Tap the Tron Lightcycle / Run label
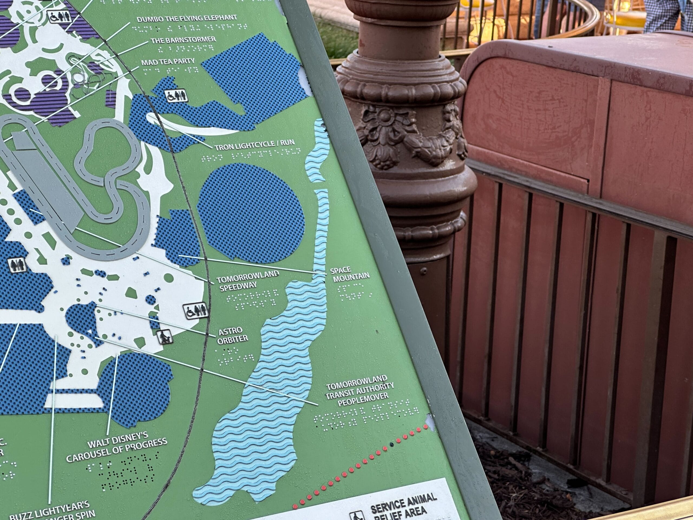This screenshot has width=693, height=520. click(x=255, y=145)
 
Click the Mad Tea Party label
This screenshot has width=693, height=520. click(x=168, y=61)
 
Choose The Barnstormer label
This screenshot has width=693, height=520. click(x=183, y=40)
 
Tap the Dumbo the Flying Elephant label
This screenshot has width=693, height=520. click(x=187, y=18)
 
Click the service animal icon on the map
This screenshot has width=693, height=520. click(x=165, y=337)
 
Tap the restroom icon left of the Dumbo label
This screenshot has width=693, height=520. click(x=60, y=17)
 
